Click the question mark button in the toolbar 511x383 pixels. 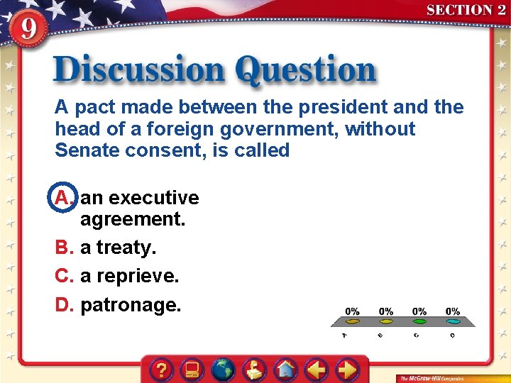pyautogui.click(x=163, y=370)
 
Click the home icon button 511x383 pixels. pyautogui.click(x=286, y=370)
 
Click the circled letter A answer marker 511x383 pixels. pyautogui.click(x=62, y=198)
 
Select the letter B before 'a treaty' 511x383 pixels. pyautogui.click(x=63, y=248)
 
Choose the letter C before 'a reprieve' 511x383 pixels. pyautogui.click(x=63, y=276)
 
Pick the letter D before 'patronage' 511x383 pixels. pyautogui.click(x=63, y=305)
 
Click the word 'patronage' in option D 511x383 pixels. pyautogui.click(x=131, y=306)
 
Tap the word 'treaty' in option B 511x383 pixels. pyautogui.click(x=126, y=248)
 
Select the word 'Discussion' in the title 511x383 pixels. pyautogui.click(x=139, y=72)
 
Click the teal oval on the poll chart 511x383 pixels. pyautogui.click(x=454, y=321)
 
